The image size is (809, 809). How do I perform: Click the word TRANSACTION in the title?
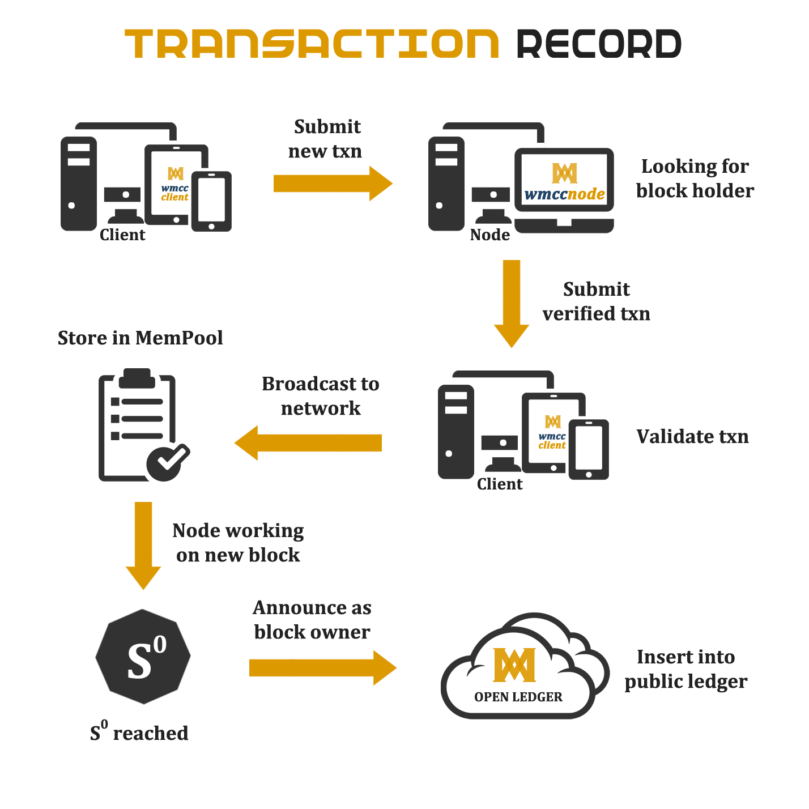(x=312, y=43)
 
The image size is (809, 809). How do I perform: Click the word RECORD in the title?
(x=599, y=43)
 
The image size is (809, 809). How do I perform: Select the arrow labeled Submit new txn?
(x=333, y=184)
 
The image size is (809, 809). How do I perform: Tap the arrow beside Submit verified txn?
(x=512, y=304)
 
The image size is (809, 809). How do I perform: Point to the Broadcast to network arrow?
(x=308, y=443)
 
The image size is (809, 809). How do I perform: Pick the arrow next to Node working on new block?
(x=143, y=546)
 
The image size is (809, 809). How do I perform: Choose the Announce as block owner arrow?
(x=323, y=668)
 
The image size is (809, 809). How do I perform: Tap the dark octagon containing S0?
(x=143, y=657)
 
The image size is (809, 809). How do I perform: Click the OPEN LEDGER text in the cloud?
(x=518, y=697)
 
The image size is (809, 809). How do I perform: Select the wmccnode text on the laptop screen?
(x=565, y=194)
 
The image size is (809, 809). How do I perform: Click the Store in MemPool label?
(x=140, y=338)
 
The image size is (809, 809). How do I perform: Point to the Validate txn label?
(x=692, y=437)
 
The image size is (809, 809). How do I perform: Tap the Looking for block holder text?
(x=695, y=178)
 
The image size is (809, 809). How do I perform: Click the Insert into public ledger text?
(x=686, y=670)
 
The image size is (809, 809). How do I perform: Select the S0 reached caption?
(x=139, y=731)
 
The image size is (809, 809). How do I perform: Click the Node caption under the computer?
(x=490, y=235)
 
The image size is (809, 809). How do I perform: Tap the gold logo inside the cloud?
(x=514, y=665)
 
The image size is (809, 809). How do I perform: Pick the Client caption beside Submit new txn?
(x=122, y=235)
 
